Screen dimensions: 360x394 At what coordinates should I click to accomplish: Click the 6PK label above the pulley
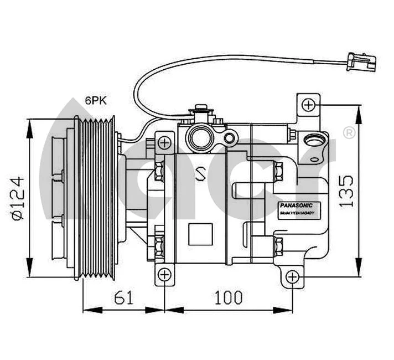tap(95, 101)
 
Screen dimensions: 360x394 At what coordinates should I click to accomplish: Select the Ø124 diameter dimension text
tap(18, 199)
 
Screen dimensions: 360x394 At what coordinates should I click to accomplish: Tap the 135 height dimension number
tap(346, 191)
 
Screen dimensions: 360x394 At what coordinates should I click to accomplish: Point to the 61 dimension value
tap(124, 297)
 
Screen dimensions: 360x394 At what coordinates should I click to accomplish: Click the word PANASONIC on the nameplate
tap(296, 204)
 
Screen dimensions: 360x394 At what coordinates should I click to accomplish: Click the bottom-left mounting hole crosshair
tap(164, 275)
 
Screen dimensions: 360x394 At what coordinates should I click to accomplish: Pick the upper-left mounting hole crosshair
tap(164, 143)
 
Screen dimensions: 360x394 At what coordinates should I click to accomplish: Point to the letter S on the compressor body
tap(200, 174)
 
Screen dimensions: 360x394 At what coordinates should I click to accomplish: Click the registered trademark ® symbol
tap(349, 133)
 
